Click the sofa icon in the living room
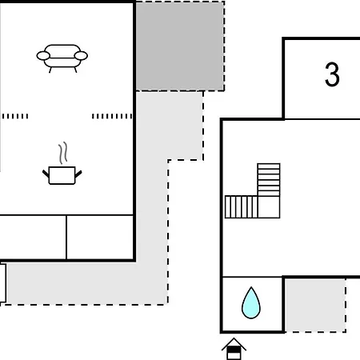[62, 58]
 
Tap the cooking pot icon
[62, 175]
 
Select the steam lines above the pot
[63, 153]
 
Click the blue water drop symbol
[251, 302]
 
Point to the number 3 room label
[332, 74]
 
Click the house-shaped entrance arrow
[234, 349]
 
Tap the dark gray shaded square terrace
[180, 46]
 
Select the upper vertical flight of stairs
[269, 180]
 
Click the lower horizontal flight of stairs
[242, 207]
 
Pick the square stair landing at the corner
[269, 207]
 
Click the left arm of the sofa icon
[43, 56]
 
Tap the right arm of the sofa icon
[81, 56]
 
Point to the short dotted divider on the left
[15, 116]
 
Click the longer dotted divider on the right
[112, 116]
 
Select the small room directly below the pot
[33, 237]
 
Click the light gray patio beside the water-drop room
[315, 306]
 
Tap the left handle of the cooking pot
[46, 174]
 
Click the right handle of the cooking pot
[78, 174]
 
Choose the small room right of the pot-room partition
[100, 237]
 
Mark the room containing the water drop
[252, 304]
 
